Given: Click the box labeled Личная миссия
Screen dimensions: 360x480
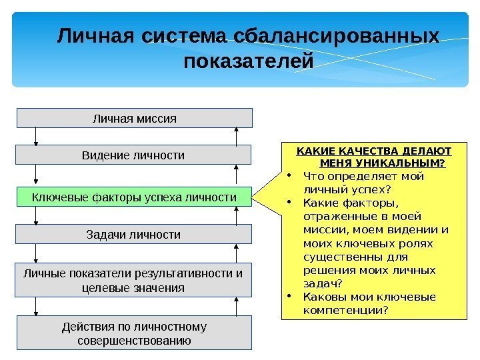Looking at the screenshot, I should pos(134,118).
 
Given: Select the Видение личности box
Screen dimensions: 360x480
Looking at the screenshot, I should pos(133,155).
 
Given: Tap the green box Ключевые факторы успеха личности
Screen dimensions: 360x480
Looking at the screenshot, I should pos(134,197).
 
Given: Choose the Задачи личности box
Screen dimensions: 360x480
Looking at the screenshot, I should pos(134,235).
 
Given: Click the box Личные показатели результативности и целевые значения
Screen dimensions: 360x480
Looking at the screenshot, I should pos(133,280).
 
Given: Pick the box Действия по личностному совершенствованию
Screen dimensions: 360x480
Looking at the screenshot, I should pos(134,333).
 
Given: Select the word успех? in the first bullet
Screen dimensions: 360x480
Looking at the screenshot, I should pos(365,190).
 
